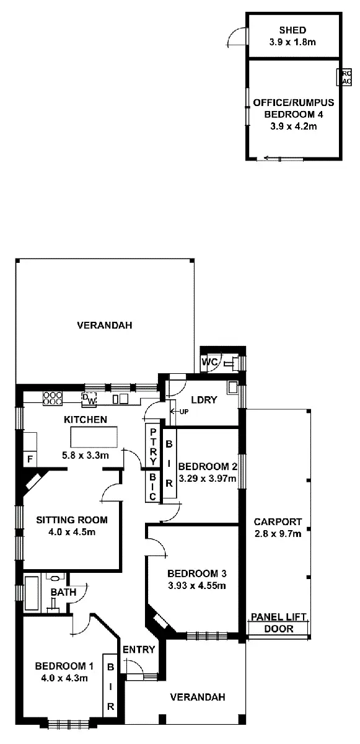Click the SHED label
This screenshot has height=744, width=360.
point(292,30)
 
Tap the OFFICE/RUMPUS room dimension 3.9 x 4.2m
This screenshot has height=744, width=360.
point(293,126)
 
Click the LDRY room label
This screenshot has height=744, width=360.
point(204,400)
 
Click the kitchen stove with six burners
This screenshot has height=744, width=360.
point(53,398)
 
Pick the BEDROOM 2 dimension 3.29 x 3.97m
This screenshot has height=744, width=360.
point(208,479)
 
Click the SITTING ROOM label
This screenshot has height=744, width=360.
point(71,520)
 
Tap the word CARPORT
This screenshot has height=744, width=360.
point(277,521)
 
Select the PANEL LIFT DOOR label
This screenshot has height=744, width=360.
point(278,623)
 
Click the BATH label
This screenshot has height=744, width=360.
point(63,592)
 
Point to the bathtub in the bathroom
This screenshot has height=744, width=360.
point(32,593)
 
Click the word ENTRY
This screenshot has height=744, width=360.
point(139,649)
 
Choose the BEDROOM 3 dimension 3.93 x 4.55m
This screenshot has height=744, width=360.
point(196,585)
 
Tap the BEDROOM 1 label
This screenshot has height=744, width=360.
point(64,666)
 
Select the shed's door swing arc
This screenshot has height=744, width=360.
point(235,38)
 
